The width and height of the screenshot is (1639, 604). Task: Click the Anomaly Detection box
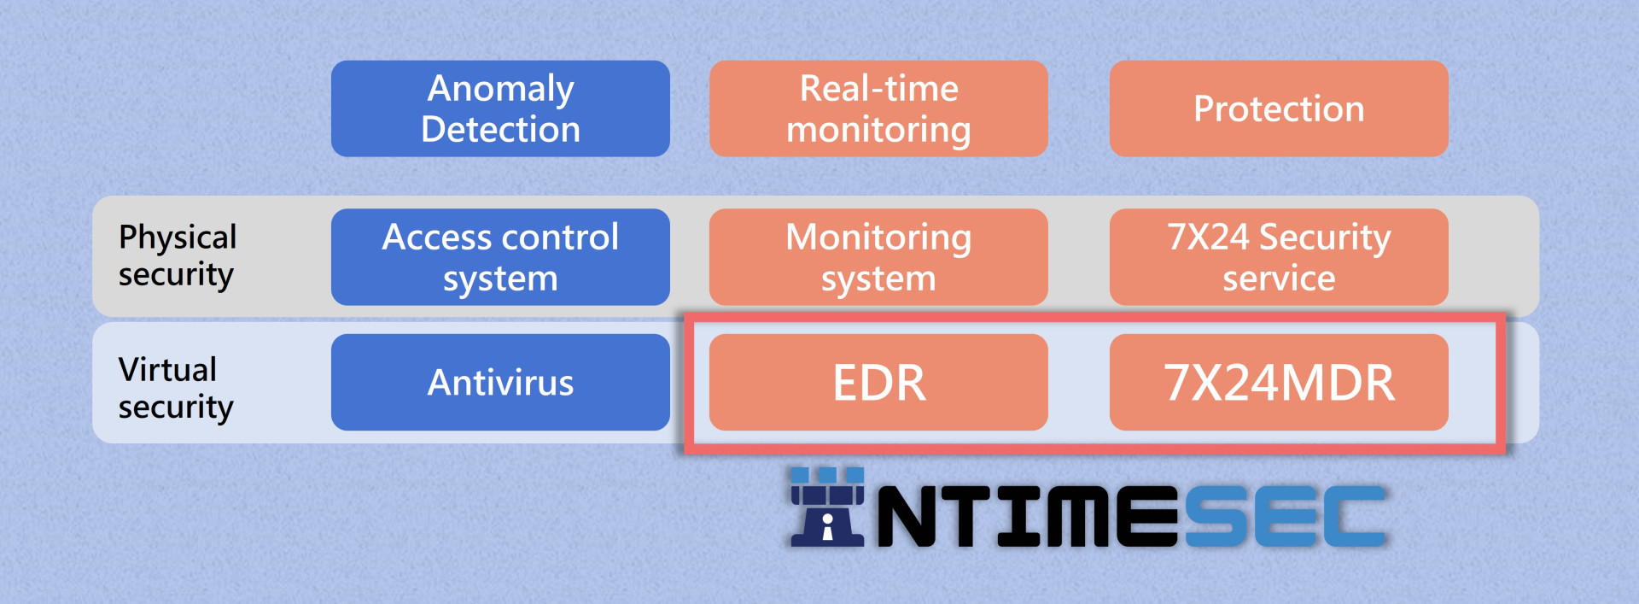click(500, 108)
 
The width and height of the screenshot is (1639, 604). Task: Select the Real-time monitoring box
click(878, 108)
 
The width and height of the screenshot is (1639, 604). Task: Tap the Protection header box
click(1279, 108)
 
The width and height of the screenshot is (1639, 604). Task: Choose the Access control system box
click(500, 257)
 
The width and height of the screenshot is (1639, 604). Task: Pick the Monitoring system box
click(878, 257)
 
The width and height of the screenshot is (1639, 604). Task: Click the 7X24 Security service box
click(1279, 257)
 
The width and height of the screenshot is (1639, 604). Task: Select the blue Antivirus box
click(500, 382)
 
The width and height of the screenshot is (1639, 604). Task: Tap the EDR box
click(878, 382)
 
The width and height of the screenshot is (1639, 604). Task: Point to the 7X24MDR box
click(1279, 382)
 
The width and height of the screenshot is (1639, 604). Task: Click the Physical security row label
click(178, 255)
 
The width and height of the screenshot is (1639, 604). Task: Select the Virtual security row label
click(176, 388)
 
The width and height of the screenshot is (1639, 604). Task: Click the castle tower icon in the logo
click(827, 507)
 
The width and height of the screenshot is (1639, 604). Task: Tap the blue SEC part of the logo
click(1286, 516)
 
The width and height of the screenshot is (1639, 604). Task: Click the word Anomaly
click(501, 90)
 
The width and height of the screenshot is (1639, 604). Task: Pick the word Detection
click(501, 129)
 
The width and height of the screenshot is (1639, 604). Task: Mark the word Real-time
click(879, 88)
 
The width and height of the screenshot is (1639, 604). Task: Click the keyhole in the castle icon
click(827, 525)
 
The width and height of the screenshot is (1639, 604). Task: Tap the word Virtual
click(167, 369)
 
